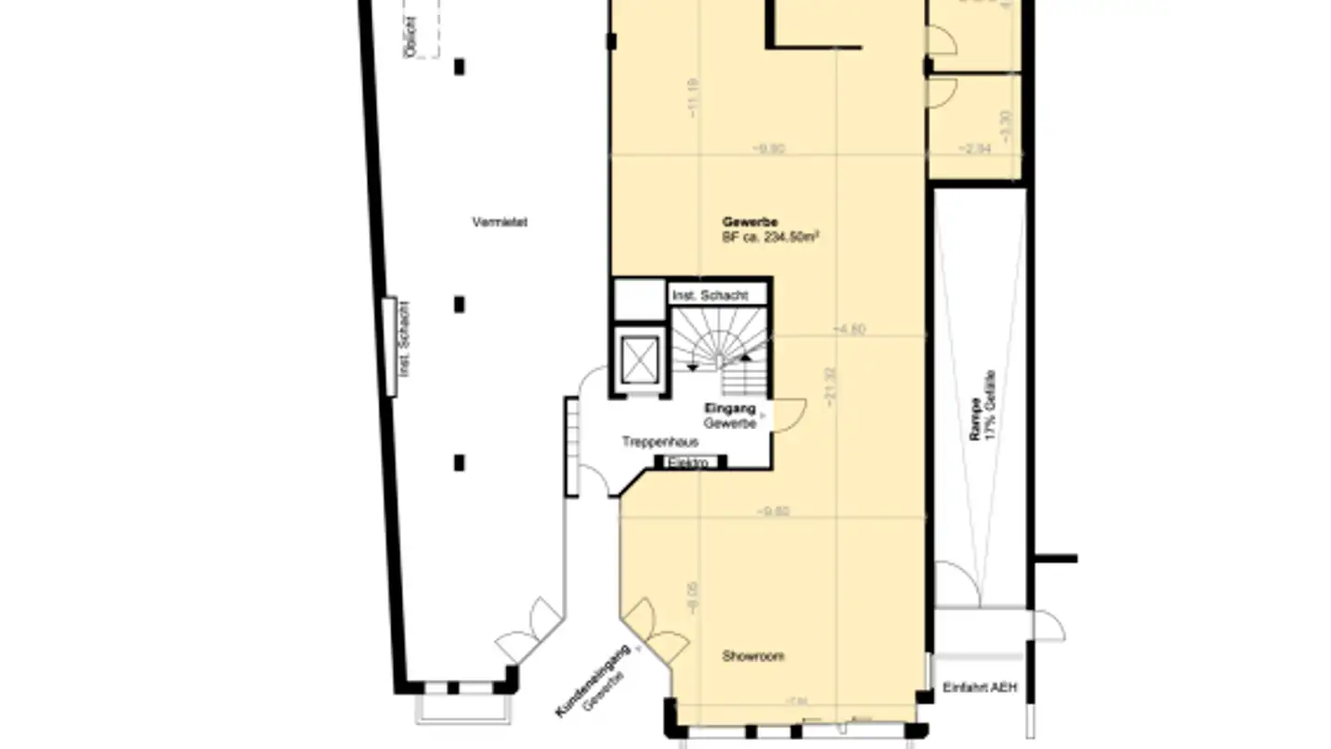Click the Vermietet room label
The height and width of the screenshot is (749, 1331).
click(x=499, y=222)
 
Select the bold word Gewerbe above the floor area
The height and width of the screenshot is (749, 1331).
click(x=750, y=222)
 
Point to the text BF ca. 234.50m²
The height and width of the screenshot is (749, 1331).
click(x=772, y=237)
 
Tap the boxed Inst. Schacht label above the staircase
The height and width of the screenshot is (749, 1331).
click(x=716, y=295)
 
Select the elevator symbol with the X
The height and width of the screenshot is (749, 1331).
click(x=640, y=360)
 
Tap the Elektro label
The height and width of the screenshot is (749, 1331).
click(x=690, y=462)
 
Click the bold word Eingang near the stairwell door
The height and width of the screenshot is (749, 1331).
click(x=730, y=409)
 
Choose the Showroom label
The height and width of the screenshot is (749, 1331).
click(x=753, y=657)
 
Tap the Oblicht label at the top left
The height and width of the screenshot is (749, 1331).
click(x=410, y=38)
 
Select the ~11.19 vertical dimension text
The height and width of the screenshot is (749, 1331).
click(x=693, y=97)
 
